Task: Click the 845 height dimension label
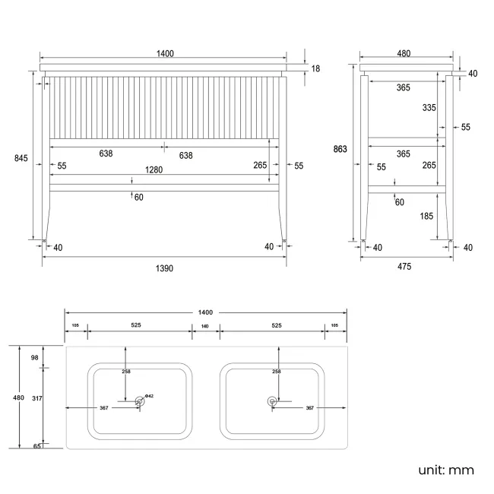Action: click(21, 158)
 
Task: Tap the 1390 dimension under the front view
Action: click(164, 268)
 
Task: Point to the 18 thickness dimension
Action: click(315, 68)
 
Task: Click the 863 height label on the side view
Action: click(340, 149)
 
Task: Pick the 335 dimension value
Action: click(429, 108)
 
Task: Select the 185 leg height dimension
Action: click(426, 217)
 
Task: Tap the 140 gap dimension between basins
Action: click(204, 325)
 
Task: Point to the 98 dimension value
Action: click(34, 357)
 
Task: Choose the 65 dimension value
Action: click(36, 447)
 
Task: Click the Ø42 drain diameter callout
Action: click(150, 396)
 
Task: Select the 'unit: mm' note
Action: click(446, 470)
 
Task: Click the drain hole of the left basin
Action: click(139, 401)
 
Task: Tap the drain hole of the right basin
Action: click(272, 401)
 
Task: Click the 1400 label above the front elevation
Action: click(165, 53)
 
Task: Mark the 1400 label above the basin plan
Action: click(204, 312)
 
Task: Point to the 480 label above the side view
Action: click(404, 53)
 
